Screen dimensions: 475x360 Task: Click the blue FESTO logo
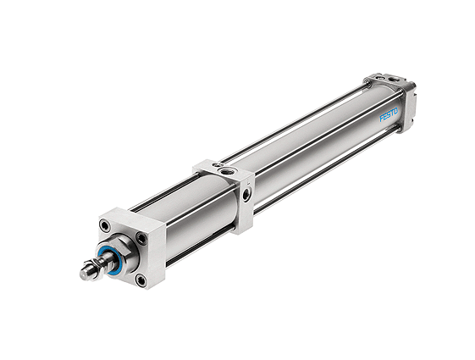pyautogui.click(x=389, y=115)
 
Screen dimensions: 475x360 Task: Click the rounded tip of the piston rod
pyautogui.click(x=84, y=274)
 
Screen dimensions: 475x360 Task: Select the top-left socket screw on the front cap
pyautogui.click(x=105, y=226)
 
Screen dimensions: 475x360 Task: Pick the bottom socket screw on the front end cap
pyautogui.click(x=141, y=280)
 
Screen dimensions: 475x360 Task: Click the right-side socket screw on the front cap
pyautogui.click(x=141, y=238)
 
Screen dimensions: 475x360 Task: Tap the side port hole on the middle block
pyautogui.click(x=246, y=194)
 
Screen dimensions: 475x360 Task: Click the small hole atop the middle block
pyautogui.click(x=217, y=164)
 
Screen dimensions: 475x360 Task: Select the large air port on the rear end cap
pyautogui.click(x=394, y=80)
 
